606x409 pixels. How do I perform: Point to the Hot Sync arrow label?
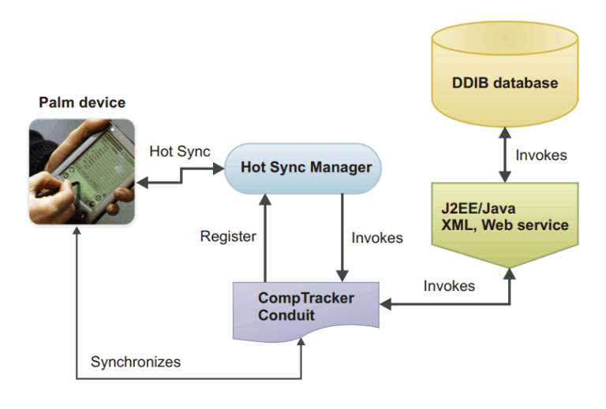pyautogui.click(x=179, y=151)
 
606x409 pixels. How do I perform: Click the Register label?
pyautogui.click(x=227, y=236)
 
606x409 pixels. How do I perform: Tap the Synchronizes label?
pyautogui.click(x=136, y=363)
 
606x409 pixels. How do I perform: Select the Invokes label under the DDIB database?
pyautogui.click(x=541, y=155)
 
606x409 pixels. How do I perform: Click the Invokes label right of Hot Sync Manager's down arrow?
pyautogui.click(x=377, y=237)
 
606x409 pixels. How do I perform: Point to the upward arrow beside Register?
pyautogui.click(x=265, y=236)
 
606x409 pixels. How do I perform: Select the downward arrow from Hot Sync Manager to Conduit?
pyautogui.click(x=341, y=236)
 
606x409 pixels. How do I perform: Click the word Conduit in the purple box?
pyautogui.click(x=287, y=316)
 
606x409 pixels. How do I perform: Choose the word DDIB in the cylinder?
pyautogui.click(x=473, y=83)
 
